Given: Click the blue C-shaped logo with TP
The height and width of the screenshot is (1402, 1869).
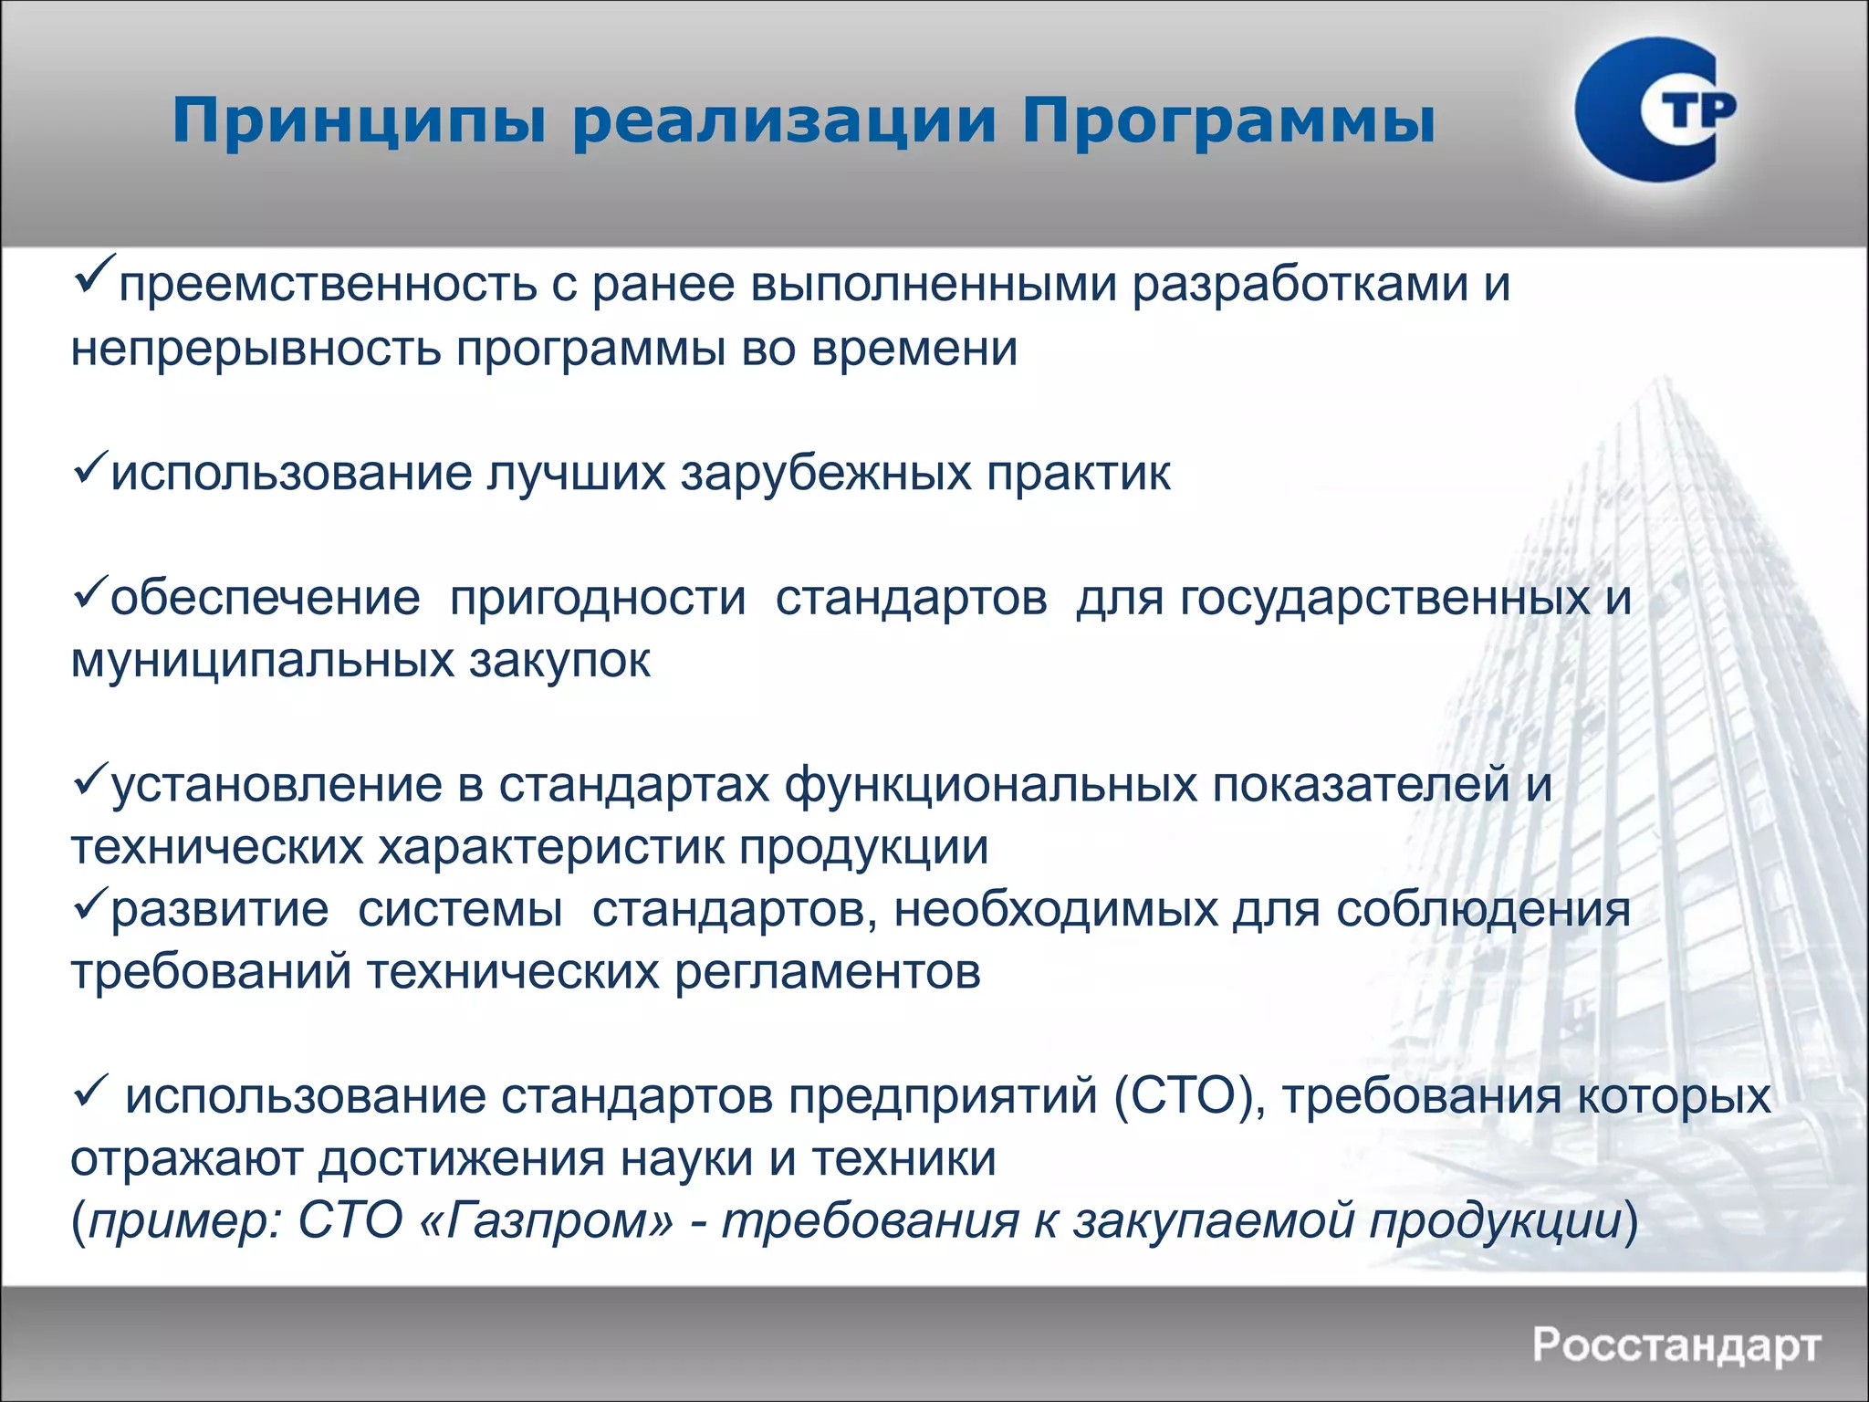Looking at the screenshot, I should pyautogui.click(x=1652, y=110).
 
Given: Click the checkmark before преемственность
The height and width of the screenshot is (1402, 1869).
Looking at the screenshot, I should pyautogui.click(x=94, y=273).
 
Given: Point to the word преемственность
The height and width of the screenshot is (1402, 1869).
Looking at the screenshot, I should pyautogui.click(x=329, y=285).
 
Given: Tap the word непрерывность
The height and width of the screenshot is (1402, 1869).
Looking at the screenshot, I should pyautogui.click(x=256, y=350).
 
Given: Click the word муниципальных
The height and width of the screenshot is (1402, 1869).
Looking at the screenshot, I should pyautogui.click(x=263, y=661).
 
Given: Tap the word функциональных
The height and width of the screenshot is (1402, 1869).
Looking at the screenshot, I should pyautogui.click(x=990, y=785).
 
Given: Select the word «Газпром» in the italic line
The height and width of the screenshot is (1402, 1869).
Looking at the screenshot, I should pyautogui.click(x=548, y=1221).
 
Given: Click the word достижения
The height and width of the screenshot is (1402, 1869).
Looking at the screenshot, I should pyautogui.click(x=461, y=1160).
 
